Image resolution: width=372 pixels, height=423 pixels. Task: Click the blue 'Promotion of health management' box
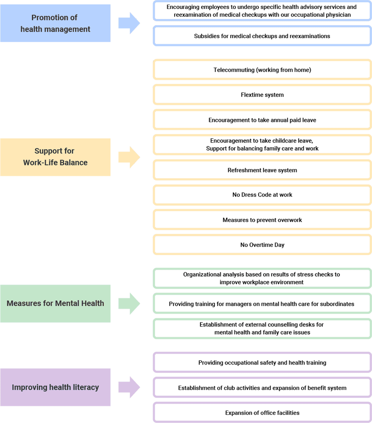55,23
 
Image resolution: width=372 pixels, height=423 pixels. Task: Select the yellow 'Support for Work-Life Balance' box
55,157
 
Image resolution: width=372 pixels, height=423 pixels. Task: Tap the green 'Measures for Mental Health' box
55,303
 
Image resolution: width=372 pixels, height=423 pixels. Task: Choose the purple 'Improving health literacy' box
55,387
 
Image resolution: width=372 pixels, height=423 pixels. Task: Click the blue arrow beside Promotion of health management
129,23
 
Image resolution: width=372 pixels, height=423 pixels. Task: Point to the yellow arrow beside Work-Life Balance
129,157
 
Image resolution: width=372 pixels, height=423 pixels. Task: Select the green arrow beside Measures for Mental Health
129,303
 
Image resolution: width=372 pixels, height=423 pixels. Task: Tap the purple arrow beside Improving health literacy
129,387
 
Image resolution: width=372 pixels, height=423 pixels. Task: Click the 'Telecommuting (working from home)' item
262,70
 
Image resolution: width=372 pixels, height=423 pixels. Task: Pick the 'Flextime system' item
262,95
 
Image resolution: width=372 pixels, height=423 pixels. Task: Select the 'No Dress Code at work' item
262,195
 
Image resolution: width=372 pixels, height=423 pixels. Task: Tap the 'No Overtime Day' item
262,245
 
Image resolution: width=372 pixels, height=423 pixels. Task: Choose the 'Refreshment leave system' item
262,170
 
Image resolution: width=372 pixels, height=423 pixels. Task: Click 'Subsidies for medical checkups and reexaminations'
262,36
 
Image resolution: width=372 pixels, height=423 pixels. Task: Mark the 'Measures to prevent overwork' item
262,220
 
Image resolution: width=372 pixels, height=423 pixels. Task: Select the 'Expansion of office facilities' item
262,412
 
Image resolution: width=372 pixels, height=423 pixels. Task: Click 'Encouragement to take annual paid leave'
262,120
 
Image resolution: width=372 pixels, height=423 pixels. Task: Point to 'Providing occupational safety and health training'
262,363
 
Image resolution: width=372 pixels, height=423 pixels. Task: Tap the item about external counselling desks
262,329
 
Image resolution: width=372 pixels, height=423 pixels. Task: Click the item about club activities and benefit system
262,388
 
